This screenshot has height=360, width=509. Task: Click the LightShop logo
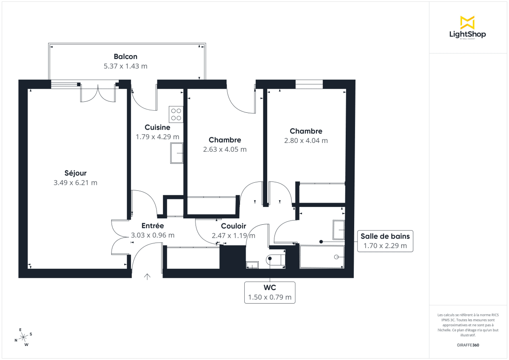tap(467, 28)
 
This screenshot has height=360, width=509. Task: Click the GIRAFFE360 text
tap(468, 345)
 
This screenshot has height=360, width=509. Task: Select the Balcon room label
tap(125, 56)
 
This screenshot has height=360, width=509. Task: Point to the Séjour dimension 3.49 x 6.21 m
tap(76, 183)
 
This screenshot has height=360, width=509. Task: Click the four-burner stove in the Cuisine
tap(176, 114)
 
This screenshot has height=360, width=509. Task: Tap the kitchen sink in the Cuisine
tap(176, 153)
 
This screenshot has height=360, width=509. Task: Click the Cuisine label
tap(157, 127)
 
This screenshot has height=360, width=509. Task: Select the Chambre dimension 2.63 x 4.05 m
tap(225, 149)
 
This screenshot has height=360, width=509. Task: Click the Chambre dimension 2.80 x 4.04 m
tap(306, 140)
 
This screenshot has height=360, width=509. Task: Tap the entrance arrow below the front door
tap(147, 277)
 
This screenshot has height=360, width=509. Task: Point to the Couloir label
tap(233, 226)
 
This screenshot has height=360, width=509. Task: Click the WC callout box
tap(270, 293)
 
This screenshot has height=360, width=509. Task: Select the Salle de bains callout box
tap(385, 241)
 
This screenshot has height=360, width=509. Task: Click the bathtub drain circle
tap(336, 257)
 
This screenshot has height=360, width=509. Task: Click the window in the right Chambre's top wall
tap(309, 84)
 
